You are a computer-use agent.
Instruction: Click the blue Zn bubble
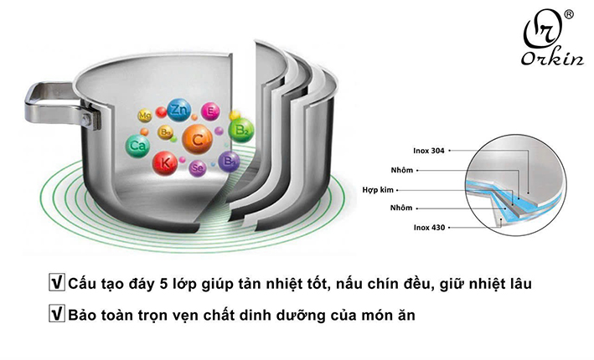click(178, 110)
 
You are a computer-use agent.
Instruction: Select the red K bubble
click(165, 162)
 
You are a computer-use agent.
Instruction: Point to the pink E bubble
click(211, 111)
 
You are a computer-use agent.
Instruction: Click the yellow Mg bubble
click(145, 115)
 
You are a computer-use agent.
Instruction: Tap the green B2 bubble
click(240, 130)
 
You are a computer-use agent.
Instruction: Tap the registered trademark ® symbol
click(568, 15)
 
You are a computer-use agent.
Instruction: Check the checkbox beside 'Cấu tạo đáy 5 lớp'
click(58, 284)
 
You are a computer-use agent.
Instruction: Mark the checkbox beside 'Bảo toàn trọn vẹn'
click(58, 316)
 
